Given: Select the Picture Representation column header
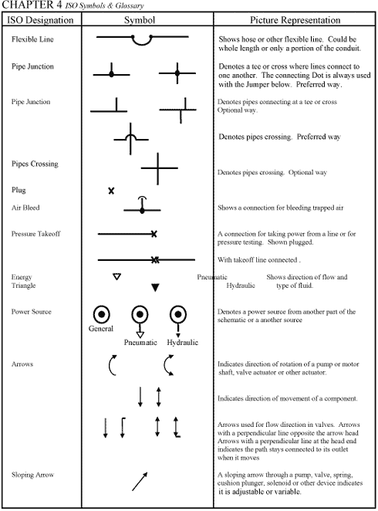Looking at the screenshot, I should pyautogui.click(x=295, y=19).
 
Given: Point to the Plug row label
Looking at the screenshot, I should pyautogui.click(x=19, y=189).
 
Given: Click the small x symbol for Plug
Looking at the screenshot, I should pyautogui.click(x=111, y=190).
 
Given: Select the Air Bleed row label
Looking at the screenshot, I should pyautogui.click(x=25, y=208).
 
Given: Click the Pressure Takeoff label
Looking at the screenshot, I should pyautogui.click(x=35, y=233).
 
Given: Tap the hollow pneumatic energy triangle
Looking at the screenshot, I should pyautogui.click(x=116, y=276).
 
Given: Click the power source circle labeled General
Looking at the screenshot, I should pyautogui.click(x=101, y=313).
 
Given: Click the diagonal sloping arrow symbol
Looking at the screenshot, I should pyautogui.click(x=139, y=481).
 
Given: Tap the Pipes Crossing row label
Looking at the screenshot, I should pyautogui.click(x=35, y=164).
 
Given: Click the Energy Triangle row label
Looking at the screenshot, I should pyautogui.click(x=22, y=281).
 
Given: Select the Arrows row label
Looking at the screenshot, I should pyautogui.click(x=22, y=362).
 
